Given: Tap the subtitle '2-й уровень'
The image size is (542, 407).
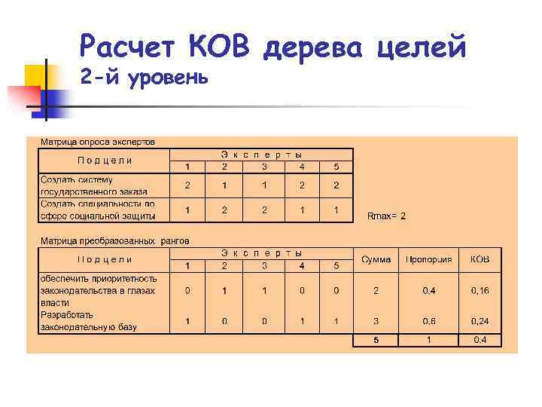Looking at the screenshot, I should pyautogui.click(x=142, y=78).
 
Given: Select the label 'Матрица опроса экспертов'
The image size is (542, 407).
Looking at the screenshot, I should pyautogui.click(x=98, y=142).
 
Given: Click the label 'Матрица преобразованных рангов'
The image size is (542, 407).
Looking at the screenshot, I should pyautogui.click(x=114, y=241).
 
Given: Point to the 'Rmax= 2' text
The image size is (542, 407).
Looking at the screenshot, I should pyautogui.click(x=386, y=216).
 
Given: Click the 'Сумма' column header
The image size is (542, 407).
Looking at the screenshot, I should pyautogui.click(x=376, y=259).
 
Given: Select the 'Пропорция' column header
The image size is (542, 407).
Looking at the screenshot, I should pyautogui.click(x=429, y=259).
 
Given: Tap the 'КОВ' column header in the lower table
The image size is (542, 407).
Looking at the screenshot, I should pyautogui.click(x=480, y=259).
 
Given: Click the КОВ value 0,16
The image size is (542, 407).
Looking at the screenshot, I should pyautogui.click(x=480, y=290).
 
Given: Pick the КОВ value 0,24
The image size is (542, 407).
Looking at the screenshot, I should pyautogui.click(x=480, y=321).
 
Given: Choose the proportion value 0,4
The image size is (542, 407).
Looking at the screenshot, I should pyautogui.click(x=428, y=290).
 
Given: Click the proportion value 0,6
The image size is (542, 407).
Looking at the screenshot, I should pyautogui.click(x=428, y=321).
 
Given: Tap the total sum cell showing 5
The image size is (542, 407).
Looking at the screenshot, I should pyautogui.click(x=376, y=340).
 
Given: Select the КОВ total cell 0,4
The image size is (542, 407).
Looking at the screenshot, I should pyautogui.click(x=480, y=340).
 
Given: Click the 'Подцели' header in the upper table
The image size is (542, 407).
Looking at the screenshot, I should pyautogui.click(x=105, y=160).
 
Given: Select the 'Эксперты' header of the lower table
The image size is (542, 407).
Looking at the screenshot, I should pyautogui.click(x=261, y=253).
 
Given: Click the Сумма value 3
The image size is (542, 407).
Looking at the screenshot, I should pyautogui.click(x=376, y=321).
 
